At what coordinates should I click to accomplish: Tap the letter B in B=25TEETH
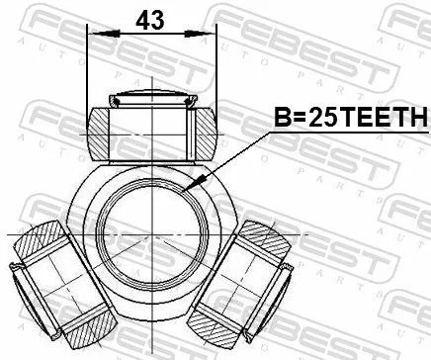(281, 120)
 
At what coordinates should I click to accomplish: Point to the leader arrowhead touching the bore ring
(192, 185)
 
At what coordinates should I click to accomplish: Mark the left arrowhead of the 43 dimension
(93, 33)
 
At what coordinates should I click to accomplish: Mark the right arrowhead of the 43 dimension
(211, 33)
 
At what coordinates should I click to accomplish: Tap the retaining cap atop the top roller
(151, 98)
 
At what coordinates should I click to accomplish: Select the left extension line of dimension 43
(88, 69)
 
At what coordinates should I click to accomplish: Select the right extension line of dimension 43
(215, 69)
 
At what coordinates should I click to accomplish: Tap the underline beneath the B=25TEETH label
(346, 133)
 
